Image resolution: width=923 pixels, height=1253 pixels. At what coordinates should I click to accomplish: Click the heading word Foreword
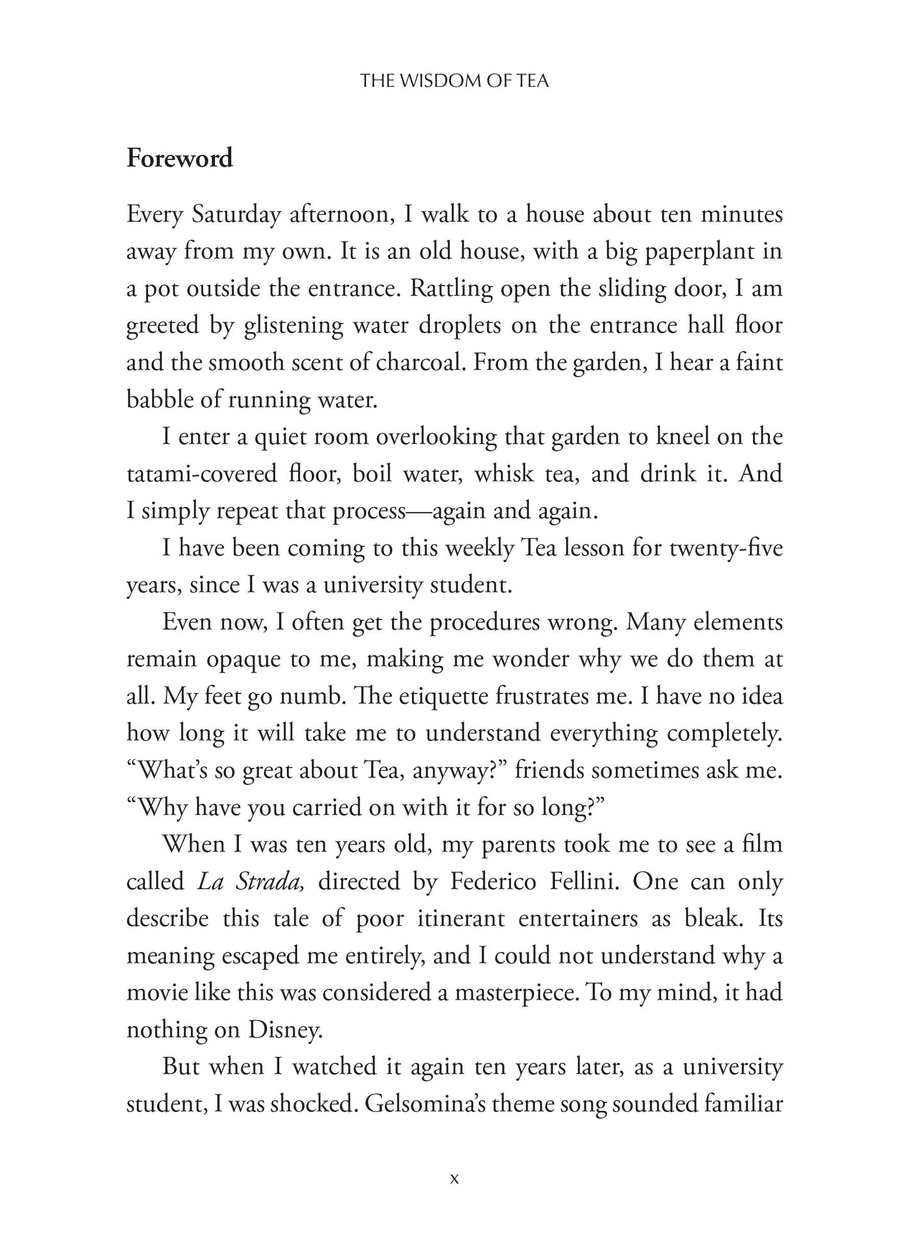(x=179, y=159)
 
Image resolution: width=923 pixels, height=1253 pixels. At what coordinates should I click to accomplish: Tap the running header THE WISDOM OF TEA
(x=454, y=81)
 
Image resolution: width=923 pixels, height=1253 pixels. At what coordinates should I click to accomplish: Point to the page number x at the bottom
(x=454, y=1178)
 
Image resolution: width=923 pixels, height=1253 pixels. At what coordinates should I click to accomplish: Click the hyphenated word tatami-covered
(x=202, y=474)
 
